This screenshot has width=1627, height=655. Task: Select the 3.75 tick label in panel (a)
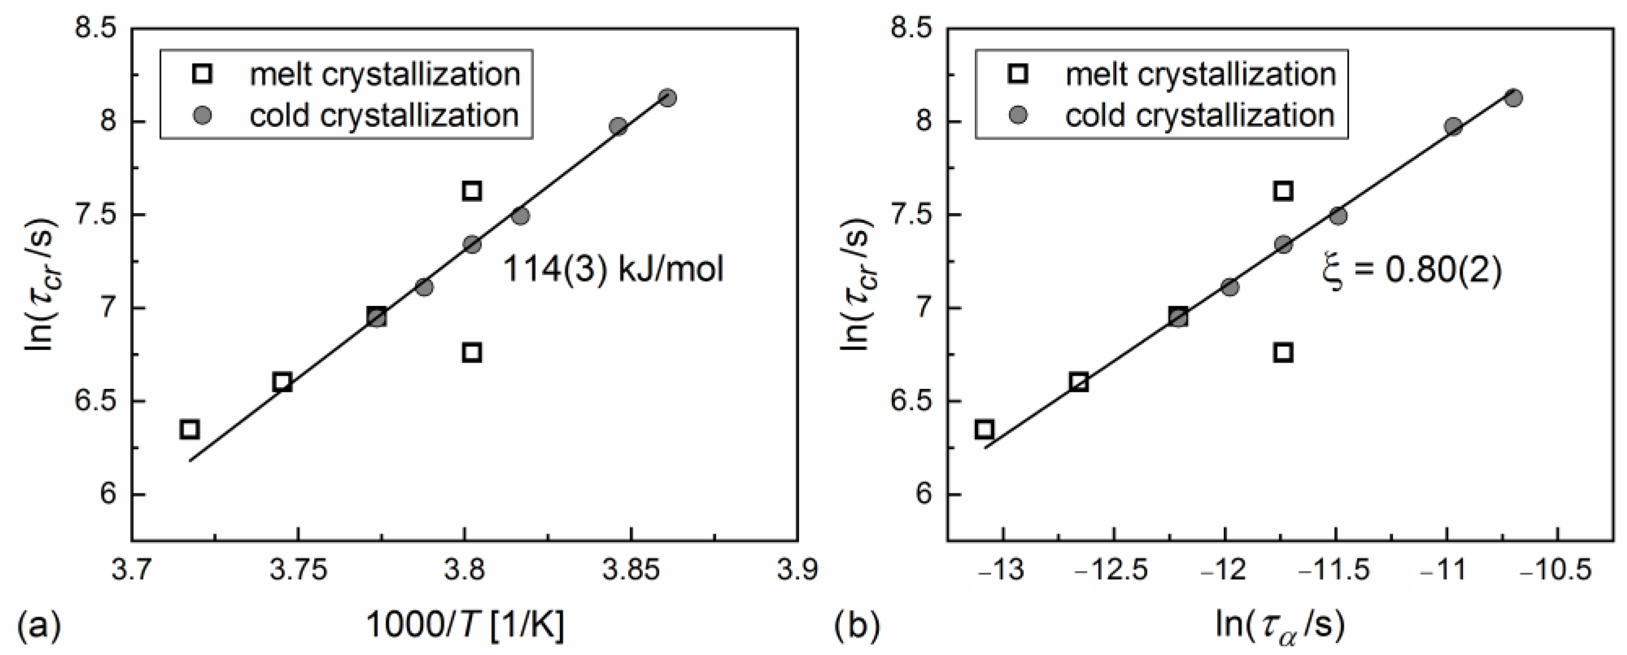[298, 570]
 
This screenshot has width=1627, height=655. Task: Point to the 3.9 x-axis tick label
[799, 570]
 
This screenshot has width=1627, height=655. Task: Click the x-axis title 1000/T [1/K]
[465, 626]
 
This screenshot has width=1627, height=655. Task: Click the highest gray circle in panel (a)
[667, 98]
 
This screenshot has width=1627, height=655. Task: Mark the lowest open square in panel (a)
[189, 429]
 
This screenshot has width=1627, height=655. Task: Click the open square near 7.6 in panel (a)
[472, 191]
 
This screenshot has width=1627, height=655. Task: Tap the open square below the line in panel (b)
[1283, 352]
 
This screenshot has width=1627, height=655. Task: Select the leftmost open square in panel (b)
[985, 429]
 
